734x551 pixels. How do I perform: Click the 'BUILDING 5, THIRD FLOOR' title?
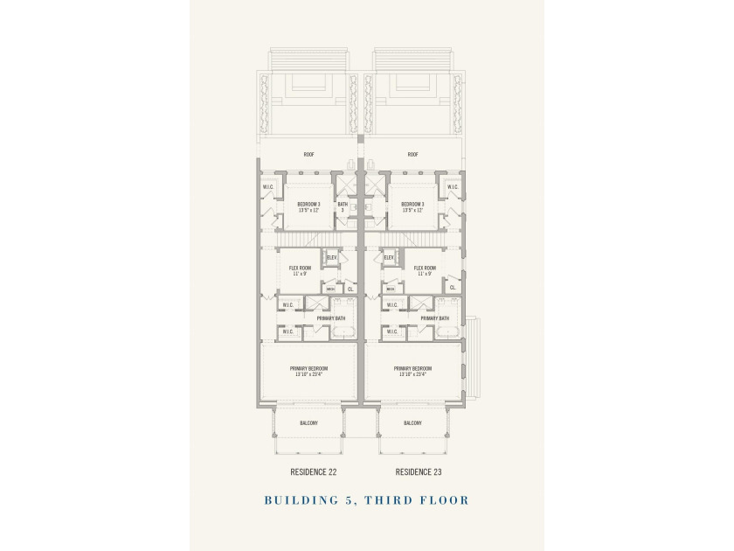[x=366, y=500]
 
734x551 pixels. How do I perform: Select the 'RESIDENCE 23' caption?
[x=419, y=472]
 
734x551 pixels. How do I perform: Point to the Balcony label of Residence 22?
[x=308, y=423]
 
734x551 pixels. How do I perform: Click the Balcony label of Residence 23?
[x=413, y=423]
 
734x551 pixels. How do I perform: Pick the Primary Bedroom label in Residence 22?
[x=308, y=371]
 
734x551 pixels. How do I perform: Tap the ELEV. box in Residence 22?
[x=332, y=257]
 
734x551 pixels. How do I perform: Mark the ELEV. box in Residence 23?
[x=389, y=257]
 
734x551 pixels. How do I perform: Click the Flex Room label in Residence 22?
[x=300, y=270]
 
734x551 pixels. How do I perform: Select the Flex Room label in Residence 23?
[x=425, y=270]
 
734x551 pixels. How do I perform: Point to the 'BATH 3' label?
[x=343, y=206]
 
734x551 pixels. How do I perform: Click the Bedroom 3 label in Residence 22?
[x=308, y=206]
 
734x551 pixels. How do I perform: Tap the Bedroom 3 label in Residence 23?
[x=412, y=206]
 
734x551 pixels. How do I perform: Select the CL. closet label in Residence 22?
[x=350, y=287]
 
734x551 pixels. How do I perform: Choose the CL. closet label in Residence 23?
[x=453, y=287]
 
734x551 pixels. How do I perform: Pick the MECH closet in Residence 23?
[x=390, y=288]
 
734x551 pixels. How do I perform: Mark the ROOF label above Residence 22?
[x=308, y=154]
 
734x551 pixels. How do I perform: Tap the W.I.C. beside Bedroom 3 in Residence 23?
[x=453, y=187]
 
